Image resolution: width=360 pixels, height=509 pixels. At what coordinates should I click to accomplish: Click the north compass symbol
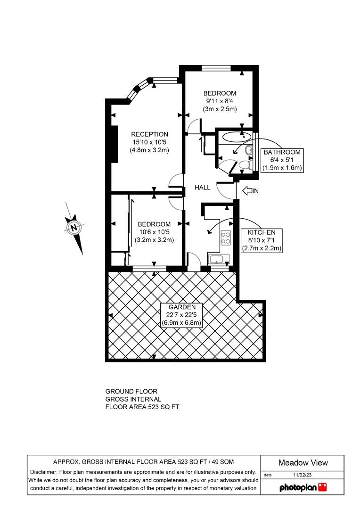tap(74, 228)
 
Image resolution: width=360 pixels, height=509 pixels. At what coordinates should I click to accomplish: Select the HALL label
tap(203, 188)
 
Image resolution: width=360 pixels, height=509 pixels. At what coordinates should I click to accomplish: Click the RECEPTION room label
tap(149, 134)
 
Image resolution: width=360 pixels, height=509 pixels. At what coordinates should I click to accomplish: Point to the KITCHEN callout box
tap(261, 240)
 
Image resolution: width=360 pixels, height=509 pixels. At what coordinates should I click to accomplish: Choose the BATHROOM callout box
tap(282, 160)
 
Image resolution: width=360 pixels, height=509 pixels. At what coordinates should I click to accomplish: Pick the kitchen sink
tap(217, 259)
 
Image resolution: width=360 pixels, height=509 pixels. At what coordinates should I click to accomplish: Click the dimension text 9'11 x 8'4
tap(220, 101)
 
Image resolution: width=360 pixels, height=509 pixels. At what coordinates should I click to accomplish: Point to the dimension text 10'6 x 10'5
tap(154, 231)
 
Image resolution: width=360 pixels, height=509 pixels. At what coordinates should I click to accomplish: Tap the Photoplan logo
tap(303, 487)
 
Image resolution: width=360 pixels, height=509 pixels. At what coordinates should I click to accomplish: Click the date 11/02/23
tap(302, 475)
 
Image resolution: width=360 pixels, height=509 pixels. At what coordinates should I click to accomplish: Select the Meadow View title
tap(303, 462)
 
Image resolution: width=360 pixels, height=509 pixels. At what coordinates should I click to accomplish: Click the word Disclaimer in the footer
tap(43, 472)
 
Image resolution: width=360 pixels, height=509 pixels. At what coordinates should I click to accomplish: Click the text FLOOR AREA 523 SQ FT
tap(142, 406)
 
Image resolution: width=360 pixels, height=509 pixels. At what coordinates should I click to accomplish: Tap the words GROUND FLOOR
tap(131, 391)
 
